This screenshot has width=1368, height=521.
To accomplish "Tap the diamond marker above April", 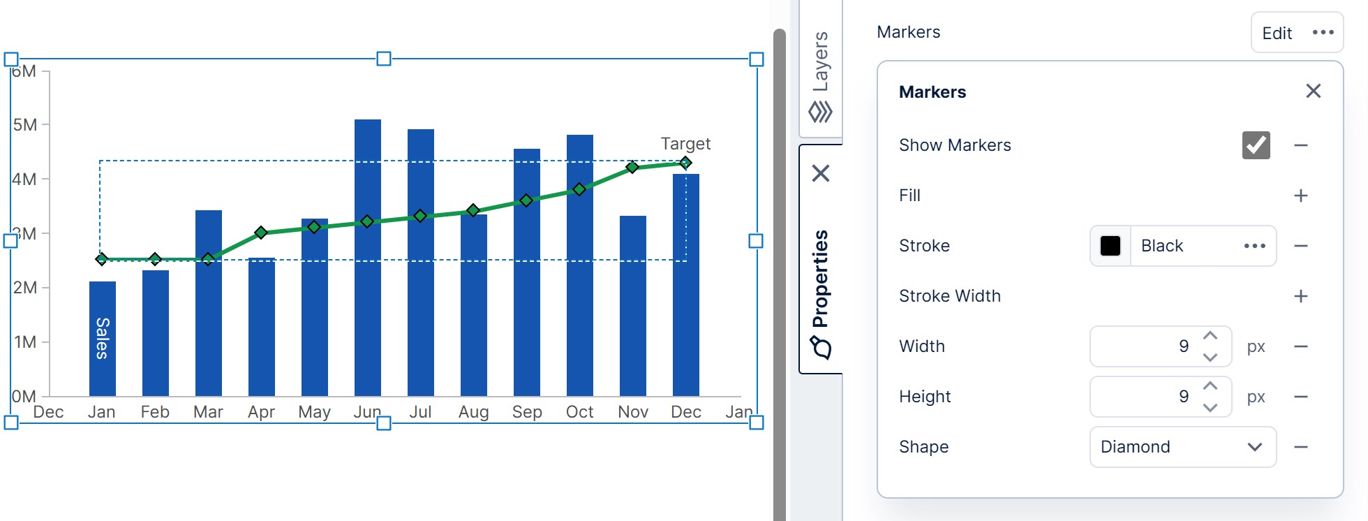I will coord(261,233).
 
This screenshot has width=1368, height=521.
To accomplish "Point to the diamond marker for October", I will coord(579,189).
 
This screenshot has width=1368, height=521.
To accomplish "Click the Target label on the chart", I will coord(685,144).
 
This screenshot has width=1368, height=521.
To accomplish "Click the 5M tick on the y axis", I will coord(25,125).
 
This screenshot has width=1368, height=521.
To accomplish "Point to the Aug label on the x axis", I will coord(473,412).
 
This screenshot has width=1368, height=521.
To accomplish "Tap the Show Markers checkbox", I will coord(1256,145).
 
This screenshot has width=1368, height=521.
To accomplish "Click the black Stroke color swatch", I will coord(1110,246).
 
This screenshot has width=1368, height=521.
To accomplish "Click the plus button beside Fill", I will coord(1300,196).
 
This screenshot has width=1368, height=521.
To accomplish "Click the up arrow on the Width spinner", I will coord(1210,337).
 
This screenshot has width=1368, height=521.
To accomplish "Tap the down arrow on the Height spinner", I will coord(1210,407).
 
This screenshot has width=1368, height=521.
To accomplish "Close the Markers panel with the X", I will coord(1313,91).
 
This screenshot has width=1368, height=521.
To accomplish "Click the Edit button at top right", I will coord(1277,33).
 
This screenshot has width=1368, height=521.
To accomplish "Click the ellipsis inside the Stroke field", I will coord(1254,246).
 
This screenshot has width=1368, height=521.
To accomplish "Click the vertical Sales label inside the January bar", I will coord(103,338).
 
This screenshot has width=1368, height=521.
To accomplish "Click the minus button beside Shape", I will coord(1300,447).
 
